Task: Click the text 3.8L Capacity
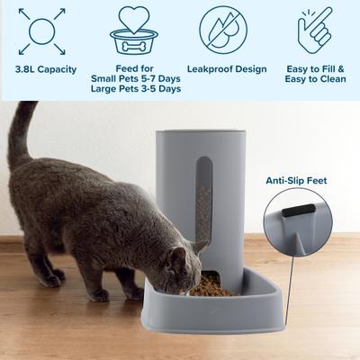pos(45,68)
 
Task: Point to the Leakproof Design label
pos(225,68)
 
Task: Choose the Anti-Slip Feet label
pos(295,181)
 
